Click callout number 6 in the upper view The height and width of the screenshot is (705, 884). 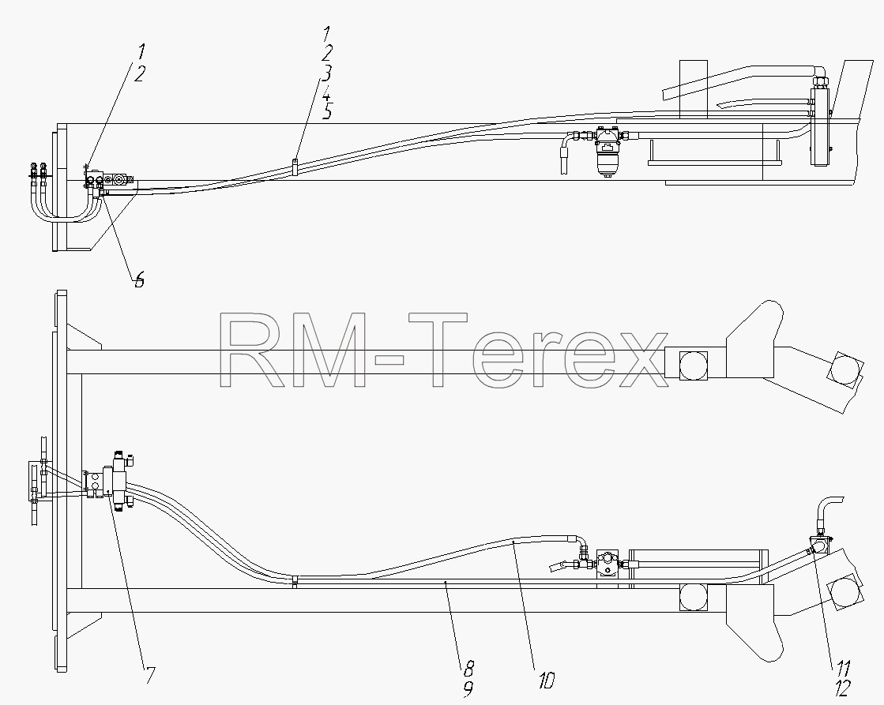coord(139,279)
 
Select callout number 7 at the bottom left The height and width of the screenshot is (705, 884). coord(149,675)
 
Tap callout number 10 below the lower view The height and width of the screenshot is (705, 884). coord(546,681)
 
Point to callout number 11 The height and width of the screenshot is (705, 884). coord(841,669)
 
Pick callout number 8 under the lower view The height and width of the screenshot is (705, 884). coord(468,669)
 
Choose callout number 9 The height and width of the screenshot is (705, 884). coord(468,688)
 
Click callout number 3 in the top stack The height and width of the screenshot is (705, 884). coord(325,73)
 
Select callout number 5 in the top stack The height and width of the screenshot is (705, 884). coord(326,111)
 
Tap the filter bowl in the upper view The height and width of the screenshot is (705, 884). coord(606,163)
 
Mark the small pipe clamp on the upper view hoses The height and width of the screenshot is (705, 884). coord(295,167)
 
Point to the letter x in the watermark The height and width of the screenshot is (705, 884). coord(639,359)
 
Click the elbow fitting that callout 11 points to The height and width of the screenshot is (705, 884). coord(816,546)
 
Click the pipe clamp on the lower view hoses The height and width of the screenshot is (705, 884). coord(295,581)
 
